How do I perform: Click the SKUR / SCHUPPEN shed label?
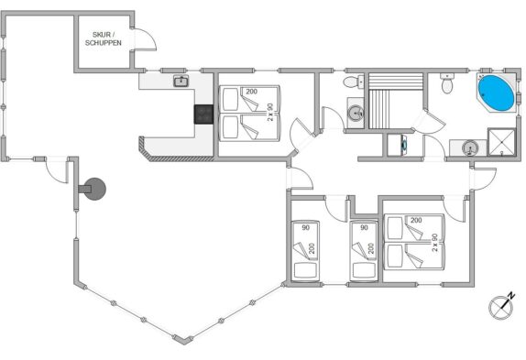[103, 38]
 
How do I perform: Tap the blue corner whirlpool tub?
[496, 93]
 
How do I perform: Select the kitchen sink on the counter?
[181, 81]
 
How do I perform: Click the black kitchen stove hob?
[203, 114]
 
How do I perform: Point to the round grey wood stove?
[93, 189]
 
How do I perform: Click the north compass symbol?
[501, 306]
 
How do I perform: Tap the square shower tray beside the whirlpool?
[501, 142]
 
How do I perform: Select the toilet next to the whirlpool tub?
[447, 82]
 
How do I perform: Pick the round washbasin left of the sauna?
[356, 113]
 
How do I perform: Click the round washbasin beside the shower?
[469, 147]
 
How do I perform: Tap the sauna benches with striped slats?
[396, 101]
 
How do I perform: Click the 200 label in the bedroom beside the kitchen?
[251, 92]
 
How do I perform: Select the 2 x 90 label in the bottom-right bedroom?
[434, 243]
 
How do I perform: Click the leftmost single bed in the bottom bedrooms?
[305, 251]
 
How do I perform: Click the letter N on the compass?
[511, 296]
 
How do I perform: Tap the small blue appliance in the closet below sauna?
[403, 145]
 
